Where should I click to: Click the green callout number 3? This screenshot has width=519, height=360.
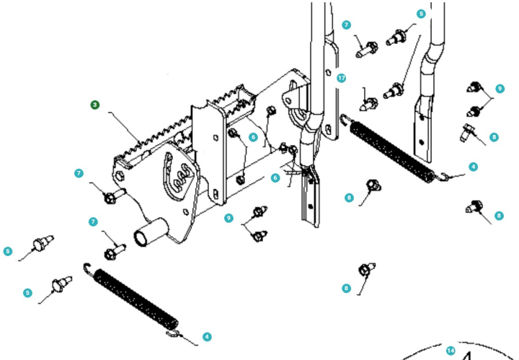tap(95, 105)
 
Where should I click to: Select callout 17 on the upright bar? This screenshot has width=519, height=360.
tap(341, 78)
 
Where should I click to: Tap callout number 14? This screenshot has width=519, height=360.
tap(451, 351)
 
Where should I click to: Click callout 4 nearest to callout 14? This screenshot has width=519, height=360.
tap(207, 336)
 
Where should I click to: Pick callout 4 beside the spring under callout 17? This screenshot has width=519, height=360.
tap(473, 167)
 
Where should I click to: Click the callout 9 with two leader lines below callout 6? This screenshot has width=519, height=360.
tap(229, 217)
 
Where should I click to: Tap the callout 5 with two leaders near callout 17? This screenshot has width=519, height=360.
tap(421, 14)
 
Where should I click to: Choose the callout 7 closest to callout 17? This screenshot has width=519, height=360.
tap(347, 25)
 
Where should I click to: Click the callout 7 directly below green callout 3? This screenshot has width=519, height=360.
tap(79, 173)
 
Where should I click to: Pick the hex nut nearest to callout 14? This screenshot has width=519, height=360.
tap(364, 271)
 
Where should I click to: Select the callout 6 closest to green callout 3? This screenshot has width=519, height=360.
tap(253, 137)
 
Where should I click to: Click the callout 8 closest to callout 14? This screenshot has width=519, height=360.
tap(346, 288)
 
